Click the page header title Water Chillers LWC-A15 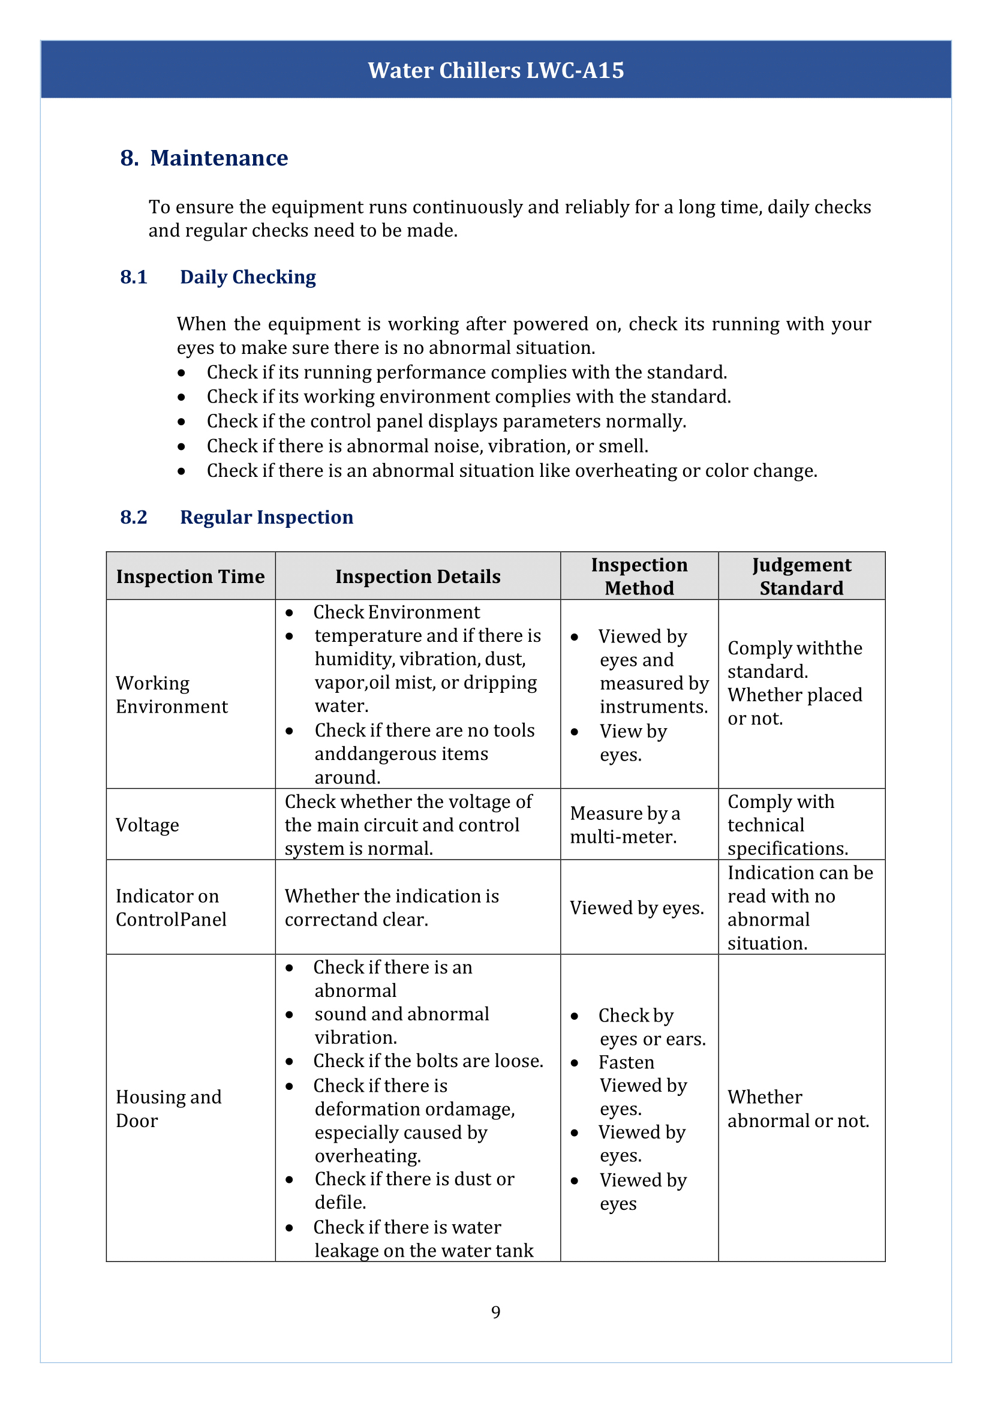click(x=495, y=70)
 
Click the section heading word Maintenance click(x=219, y=158)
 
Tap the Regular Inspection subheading click(x=266, y=517)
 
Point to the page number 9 click(x=495, y=1311)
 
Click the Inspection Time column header click(x=190, y=576)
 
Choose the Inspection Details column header click(x=418, y=576)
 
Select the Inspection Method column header click(x=639, y=576)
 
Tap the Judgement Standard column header click(x=801, y=576)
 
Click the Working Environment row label click(x=172, y=695)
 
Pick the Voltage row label click(x=147, y=825)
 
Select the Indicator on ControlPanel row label click(x=171, y=908)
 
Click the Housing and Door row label click(x=169, y=1108)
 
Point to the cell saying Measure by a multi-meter click(x=624, y=825)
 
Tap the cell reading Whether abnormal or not click(x=798, y=1108)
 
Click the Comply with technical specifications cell click(x=787, y=825)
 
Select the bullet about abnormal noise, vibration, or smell click(x=427, y=446)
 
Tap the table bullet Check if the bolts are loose click(x=428, y=1061)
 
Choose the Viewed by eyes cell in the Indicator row click(x=636, y=908)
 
